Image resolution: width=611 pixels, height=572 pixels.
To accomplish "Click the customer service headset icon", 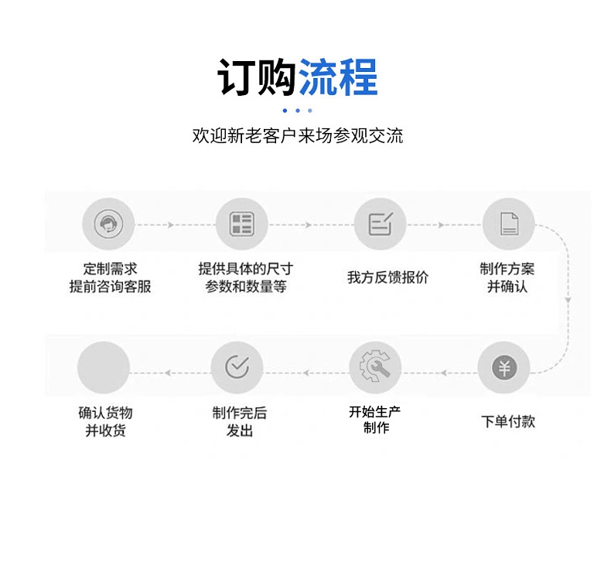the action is pos(108,224).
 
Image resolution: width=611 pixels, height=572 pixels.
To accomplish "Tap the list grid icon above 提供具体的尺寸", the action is pos(241,224).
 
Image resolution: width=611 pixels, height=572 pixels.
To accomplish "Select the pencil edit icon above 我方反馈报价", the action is pos(380,224).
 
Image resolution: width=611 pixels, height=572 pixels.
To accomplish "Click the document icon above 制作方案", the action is pos(508,224).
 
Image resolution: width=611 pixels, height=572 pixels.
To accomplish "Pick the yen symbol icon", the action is pos(503,367).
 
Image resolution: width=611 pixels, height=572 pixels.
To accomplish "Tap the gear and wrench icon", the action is pos(375,368).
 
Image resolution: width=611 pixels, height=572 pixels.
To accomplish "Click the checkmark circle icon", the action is pos(237,367).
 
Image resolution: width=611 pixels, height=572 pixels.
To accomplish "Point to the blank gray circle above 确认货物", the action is pos(103,367).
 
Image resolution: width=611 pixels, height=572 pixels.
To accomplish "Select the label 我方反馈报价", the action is pos(387,277).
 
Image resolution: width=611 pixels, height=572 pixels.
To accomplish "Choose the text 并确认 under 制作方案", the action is pos(507,287).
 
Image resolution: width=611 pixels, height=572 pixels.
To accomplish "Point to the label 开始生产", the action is pos(375,412).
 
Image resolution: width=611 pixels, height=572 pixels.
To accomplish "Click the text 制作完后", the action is pos(240,414).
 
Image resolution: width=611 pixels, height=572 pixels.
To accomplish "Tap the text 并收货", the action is pos(105,431).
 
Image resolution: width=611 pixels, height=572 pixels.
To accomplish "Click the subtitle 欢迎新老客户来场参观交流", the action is pos(297,136).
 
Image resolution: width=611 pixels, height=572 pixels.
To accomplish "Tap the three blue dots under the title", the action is pos(297,111).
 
